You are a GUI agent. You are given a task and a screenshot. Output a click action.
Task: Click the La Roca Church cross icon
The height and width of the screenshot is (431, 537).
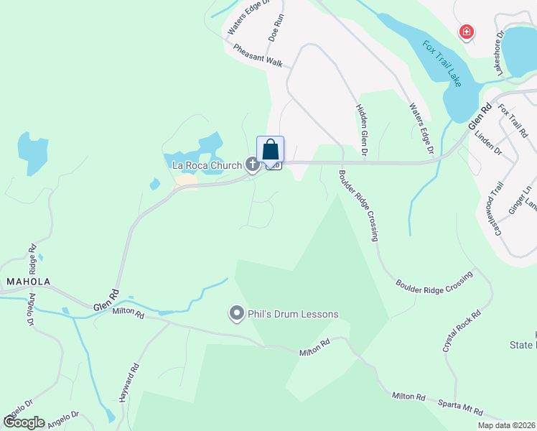click(x=252, y=164)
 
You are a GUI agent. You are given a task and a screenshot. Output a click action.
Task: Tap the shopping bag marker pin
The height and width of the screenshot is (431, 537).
click(x=271, y=150)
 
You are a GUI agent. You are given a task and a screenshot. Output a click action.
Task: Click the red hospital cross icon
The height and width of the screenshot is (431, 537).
click(x=467, y=32)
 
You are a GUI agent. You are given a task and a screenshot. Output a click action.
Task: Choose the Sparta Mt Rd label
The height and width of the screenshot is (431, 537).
click(x=462, y=409)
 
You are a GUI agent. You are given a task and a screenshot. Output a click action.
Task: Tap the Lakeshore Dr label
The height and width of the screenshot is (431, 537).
click(x=500, y=52)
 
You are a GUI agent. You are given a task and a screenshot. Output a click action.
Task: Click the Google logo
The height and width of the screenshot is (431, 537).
click(x=24, y=422)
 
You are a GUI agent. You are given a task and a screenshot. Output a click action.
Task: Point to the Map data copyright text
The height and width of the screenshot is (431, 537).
click(x=506, y=425)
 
